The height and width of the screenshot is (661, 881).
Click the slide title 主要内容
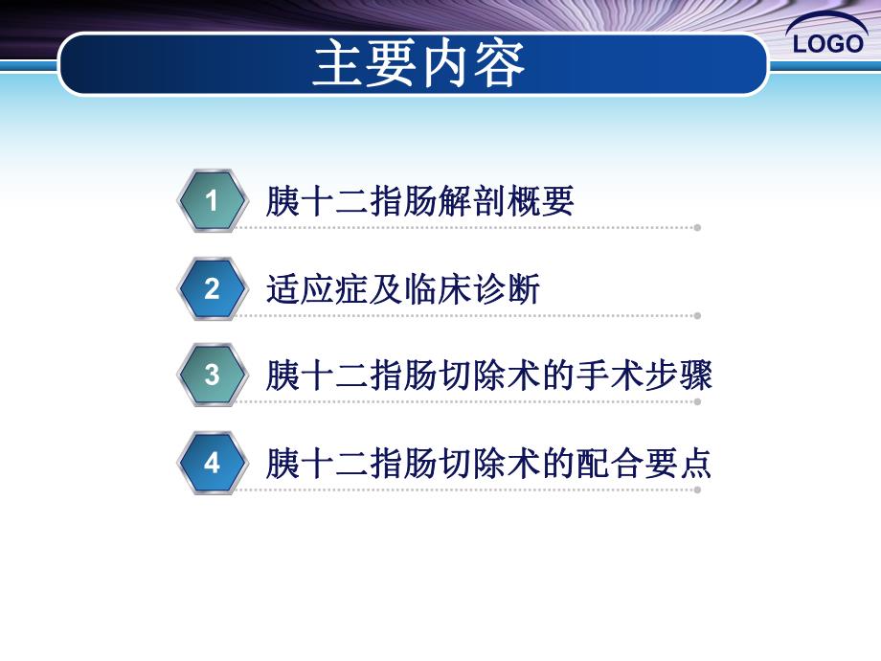point(419,65)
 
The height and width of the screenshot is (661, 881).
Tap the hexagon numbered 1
point(212,201)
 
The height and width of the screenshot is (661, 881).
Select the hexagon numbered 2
point(212,288)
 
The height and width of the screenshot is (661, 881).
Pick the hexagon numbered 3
point(212,376)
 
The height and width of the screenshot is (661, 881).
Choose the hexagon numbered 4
point(212,464)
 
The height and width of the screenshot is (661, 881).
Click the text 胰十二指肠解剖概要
point(419,202)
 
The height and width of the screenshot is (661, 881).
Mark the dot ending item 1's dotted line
point(697,228)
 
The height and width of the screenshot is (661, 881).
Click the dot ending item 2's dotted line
point(697,315)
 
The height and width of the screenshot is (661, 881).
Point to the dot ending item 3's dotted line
point(697,402)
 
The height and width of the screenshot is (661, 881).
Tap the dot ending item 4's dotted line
point(697,490)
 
